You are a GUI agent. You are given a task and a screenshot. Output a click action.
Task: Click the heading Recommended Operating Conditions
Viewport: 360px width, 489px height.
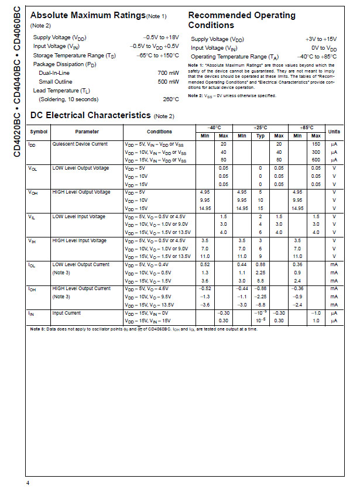point(241,20)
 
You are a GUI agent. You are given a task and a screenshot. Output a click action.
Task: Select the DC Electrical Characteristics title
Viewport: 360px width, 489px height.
point(90,115)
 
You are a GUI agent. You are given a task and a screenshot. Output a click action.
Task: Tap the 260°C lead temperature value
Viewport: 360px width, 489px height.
point(171,99)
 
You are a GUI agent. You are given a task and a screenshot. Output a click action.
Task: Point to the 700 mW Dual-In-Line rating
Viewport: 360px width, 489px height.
point(169,73)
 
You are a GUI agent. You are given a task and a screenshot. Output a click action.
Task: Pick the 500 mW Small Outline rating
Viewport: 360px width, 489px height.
point(169,81)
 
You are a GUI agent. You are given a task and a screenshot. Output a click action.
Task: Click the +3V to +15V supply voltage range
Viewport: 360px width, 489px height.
point(321,39)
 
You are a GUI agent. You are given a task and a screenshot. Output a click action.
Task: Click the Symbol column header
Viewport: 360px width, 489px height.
point(39,132)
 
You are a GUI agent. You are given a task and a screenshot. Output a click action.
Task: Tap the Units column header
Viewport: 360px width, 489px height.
point(334,132)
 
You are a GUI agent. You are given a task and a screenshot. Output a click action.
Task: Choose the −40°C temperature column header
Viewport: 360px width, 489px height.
point(214,127)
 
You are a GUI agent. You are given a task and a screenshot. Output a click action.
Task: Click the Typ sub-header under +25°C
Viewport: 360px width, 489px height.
point(260,136)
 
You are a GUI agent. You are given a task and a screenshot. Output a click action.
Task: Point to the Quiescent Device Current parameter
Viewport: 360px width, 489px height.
point(80,144)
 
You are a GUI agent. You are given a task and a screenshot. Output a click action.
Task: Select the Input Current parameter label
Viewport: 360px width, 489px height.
point(67,313)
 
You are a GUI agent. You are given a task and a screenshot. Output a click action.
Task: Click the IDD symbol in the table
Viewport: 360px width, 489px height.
point(33,144)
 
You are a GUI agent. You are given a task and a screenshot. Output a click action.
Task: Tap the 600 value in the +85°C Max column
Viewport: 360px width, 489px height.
point(316,160)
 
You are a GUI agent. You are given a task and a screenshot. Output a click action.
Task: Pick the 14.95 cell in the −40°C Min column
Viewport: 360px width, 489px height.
point(205,208)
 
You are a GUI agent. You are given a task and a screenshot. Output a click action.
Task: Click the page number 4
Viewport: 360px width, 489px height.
point(28,482)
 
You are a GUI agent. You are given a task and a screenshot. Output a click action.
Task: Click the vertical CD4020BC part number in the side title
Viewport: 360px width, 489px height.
point(16,136)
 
